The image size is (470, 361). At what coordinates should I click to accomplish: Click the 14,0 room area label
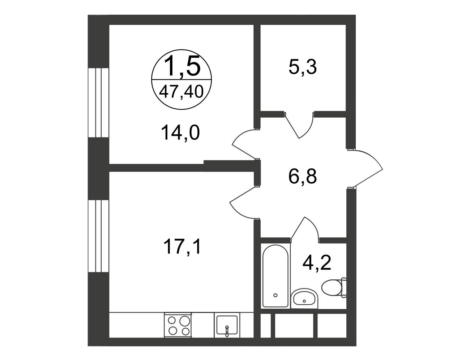point(180,133)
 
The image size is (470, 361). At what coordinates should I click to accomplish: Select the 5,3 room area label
point(303,67)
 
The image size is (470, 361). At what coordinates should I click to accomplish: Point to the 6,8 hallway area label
point(302,177)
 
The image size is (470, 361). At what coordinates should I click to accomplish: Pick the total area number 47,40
point(181,91)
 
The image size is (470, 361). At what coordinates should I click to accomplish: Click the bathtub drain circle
point(275,295)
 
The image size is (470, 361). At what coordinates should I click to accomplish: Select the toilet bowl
point(333,287)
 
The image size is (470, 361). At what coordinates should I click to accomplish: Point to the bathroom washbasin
point(304,298)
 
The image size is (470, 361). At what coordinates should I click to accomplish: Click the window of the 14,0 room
point(98,103)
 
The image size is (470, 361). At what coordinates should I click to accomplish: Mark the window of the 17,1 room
point(98,236)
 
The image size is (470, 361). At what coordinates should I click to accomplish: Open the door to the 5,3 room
point(299,125)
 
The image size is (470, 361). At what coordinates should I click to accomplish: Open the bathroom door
point(305,230)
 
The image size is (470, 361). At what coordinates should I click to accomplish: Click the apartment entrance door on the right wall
point(365,168)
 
